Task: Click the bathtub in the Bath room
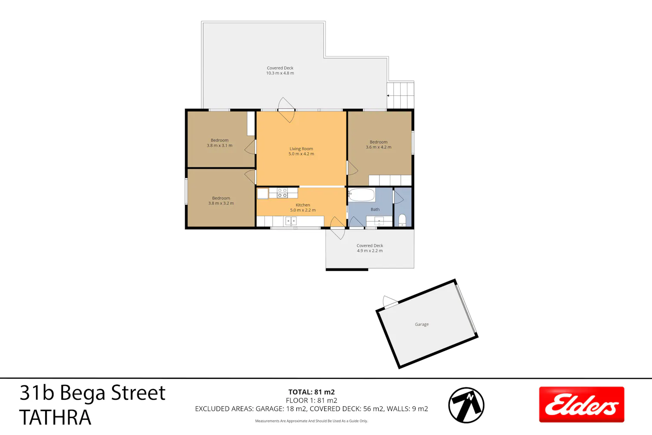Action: pos(362,194)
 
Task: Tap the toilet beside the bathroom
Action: pos(402,220)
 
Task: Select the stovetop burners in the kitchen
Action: pos(282,193)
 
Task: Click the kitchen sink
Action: pos(291,221)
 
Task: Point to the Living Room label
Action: pos(301,149)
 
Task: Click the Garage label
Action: pos(422,324)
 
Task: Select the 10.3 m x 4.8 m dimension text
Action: pos(280,73)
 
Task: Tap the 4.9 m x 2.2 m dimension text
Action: pos(369,251)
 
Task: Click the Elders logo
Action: pos(582,405)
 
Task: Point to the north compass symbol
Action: pos(466,405)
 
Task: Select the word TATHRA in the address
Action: pos(55,417)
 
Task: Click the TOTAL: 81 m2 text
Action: pos(312,392)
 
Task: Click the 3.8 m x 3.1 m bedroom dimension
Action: pos(220,145)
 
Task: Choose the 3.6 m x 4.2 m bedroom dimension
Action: pos(379,147)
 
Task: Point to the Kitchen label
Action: pos(303,205)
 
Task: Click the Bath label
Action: pos(375,209)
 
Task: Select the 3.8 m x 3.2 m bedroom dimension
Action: pos(221,204)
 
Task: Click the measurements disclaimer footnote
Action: pos(312,421)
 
